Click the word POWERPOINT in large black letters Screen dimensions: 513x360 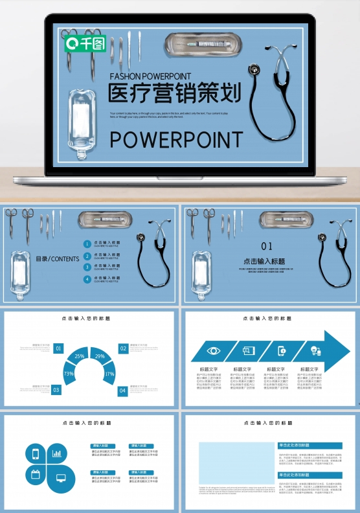click(175, 139)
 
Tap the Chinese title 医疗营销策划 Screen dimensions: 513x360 click(174, 93)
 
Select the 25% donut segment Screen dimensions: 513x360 click(79, 356)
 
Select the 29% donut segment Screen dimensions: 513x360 click(100, 356)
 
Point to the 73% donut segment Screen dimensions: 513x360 click(69, 374)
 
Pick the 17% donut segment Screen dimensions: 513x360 click(109, 374)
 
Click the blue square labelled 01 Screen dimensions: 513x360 click(58, 348)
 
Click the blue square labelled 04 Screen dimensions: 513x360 click(122, 390)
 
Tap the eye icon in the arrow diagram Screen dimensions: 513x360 click(213, 350)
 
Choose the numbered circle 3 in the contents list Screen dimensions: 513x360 click(87, 268)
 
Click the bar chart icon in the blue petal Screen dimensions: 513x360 click(57, 453)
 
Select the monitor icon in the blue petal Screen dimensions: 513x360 click(61, 477)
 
